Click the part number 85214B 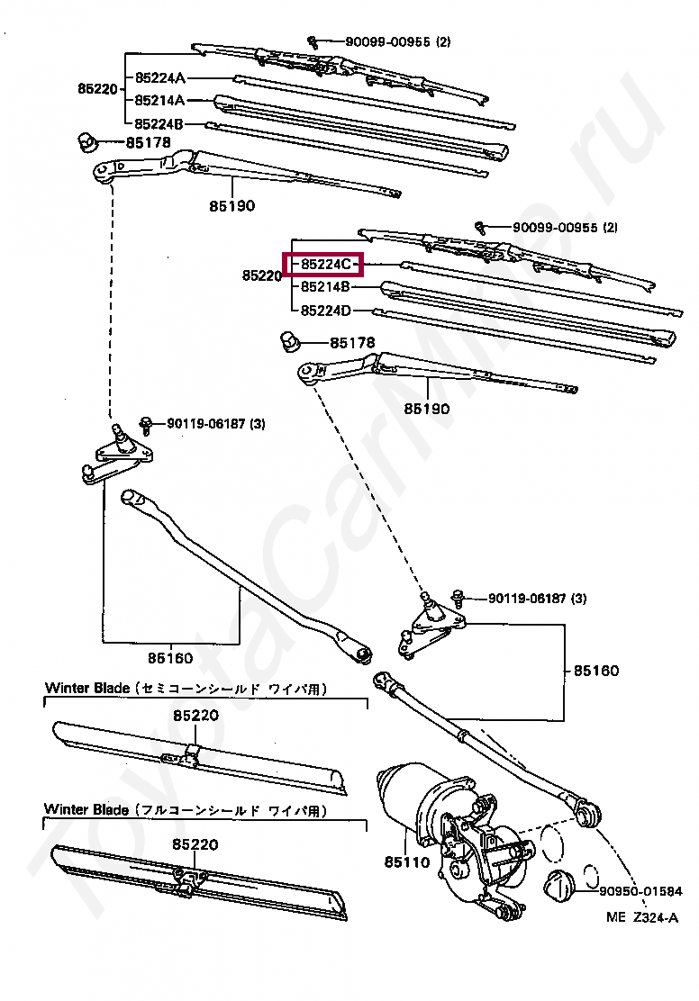click(x=325, y=287)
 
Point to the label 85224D click(x=325, y=311)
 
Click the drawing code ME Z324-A click(x=640, y=918)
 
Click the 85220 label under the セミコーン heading click(x=196, y=717)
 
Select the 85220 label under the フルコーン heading click(x=196, y=844)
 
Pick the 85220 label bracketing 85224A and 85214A click(x=97, y=88)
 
